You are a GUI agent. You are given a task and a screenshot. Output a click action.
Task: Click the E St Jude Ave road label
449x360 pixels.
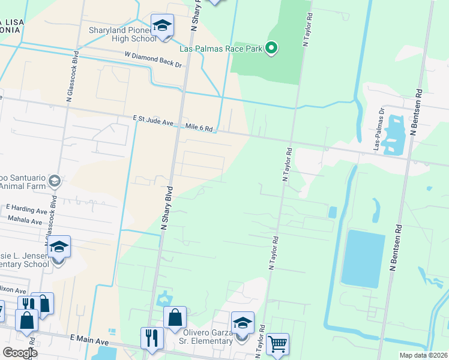(x=153, y=122)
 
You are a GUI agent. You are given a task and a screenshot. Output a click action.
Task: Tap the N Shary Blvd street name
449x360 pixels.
(x=167, y=206)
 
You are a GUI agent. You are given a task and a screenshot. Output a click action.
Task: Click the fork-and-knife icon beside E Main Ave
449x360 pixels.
(x=152, y=338)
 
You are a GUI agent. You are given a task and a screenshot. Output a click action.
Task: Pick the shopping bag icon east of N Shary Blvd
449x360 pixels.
(x=175, y=318)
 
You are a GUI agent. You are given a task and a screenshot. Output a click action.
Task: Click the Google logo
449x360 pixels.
(x=20, y=353)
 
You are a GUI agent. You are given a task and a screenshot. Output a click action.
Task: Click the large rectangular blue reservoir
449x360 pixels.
(x=363, y=258)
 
